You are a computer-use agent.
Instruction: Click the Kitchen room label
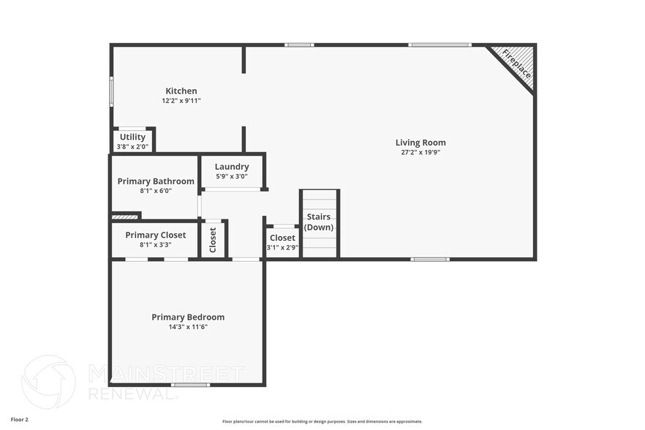[x=181, y=91]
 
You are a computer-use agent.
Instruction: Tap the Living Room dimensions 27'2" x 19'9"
[x=420, y=152]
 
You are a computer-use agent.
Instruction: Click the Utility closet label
[x=132, y=137]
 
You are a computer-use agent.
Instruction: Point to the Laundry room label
[x=232, y=167]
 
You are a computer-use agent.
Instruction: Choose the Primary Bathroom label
[x=156, y=181]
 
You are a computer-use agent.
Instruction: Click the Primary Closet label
[x=155, y=235]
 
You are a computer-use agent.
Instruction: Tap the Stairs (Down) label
[x=319, y=222]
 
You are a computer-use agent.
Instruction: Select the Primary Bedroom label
[x=188, y=317]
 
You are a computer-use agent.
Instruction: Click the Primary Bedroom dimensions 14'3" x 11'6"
[x=188, y=327]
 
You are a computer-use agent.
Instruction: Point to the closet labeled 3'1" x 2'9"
[x=282, y=242]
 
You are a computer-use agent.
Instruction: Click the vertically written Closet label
[x=213, y=239]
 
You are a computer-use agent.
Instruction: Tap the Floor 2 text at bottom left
[x=20, y=420]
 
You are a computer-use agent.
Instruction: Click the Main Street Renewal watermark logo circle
[x=48, y=382]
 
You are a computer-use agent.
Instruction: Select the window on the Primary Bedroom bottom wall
[x=190, y=385]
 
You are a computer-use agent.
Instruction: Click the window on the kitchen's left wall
[x=111, y=91]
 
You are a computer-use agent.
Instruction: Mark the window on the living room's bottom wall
[x=430, y=259]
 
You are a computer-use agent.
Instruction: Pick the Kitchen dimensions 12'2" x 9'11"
[x=181, y=101]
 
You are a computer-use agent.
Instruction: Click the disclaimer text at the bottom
[x=322, y=421]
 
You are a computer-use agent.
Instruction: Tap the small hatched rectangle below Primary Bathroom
[x=125, y=216]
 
